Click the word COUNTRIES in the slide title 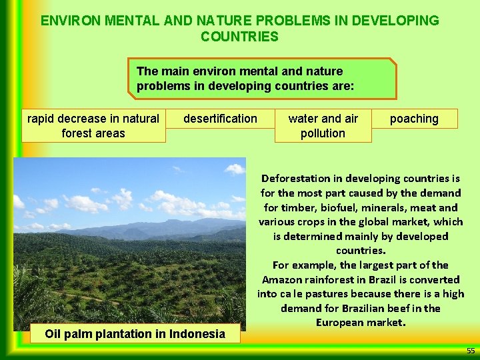(x=239, y=36)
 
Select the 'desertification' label (x=220, y=119)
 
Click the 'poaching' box (x=414, y=119)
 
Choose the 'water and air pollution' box (x=323, y=126)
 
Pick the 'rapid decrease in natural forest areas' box (x=93, y=126)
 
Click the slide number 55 (x=471, y=351)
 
